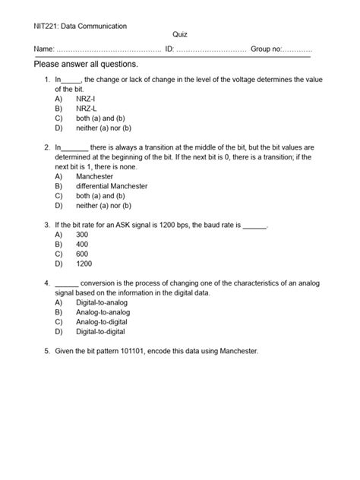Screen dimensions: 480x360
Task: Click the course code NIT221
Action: (46, 26)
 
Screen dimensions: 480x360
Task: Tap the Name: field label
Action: (44, 49)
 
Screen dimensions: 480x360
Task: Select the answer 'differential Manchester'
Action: (111, 186)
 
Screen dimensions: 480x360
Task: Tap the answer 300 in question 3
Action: (82, 235)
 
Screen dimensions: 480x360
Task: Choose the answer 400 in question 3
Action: (82, 245)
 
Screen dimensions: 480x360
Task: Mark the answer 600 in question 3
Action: (82, 254)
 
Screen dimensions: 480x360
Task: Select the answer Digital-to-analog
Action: (103, 302)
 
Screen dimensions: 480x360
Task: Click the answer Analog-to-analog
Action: (103, 312)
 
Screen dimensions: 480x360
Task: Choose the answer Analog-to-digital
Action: (103, 322)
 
